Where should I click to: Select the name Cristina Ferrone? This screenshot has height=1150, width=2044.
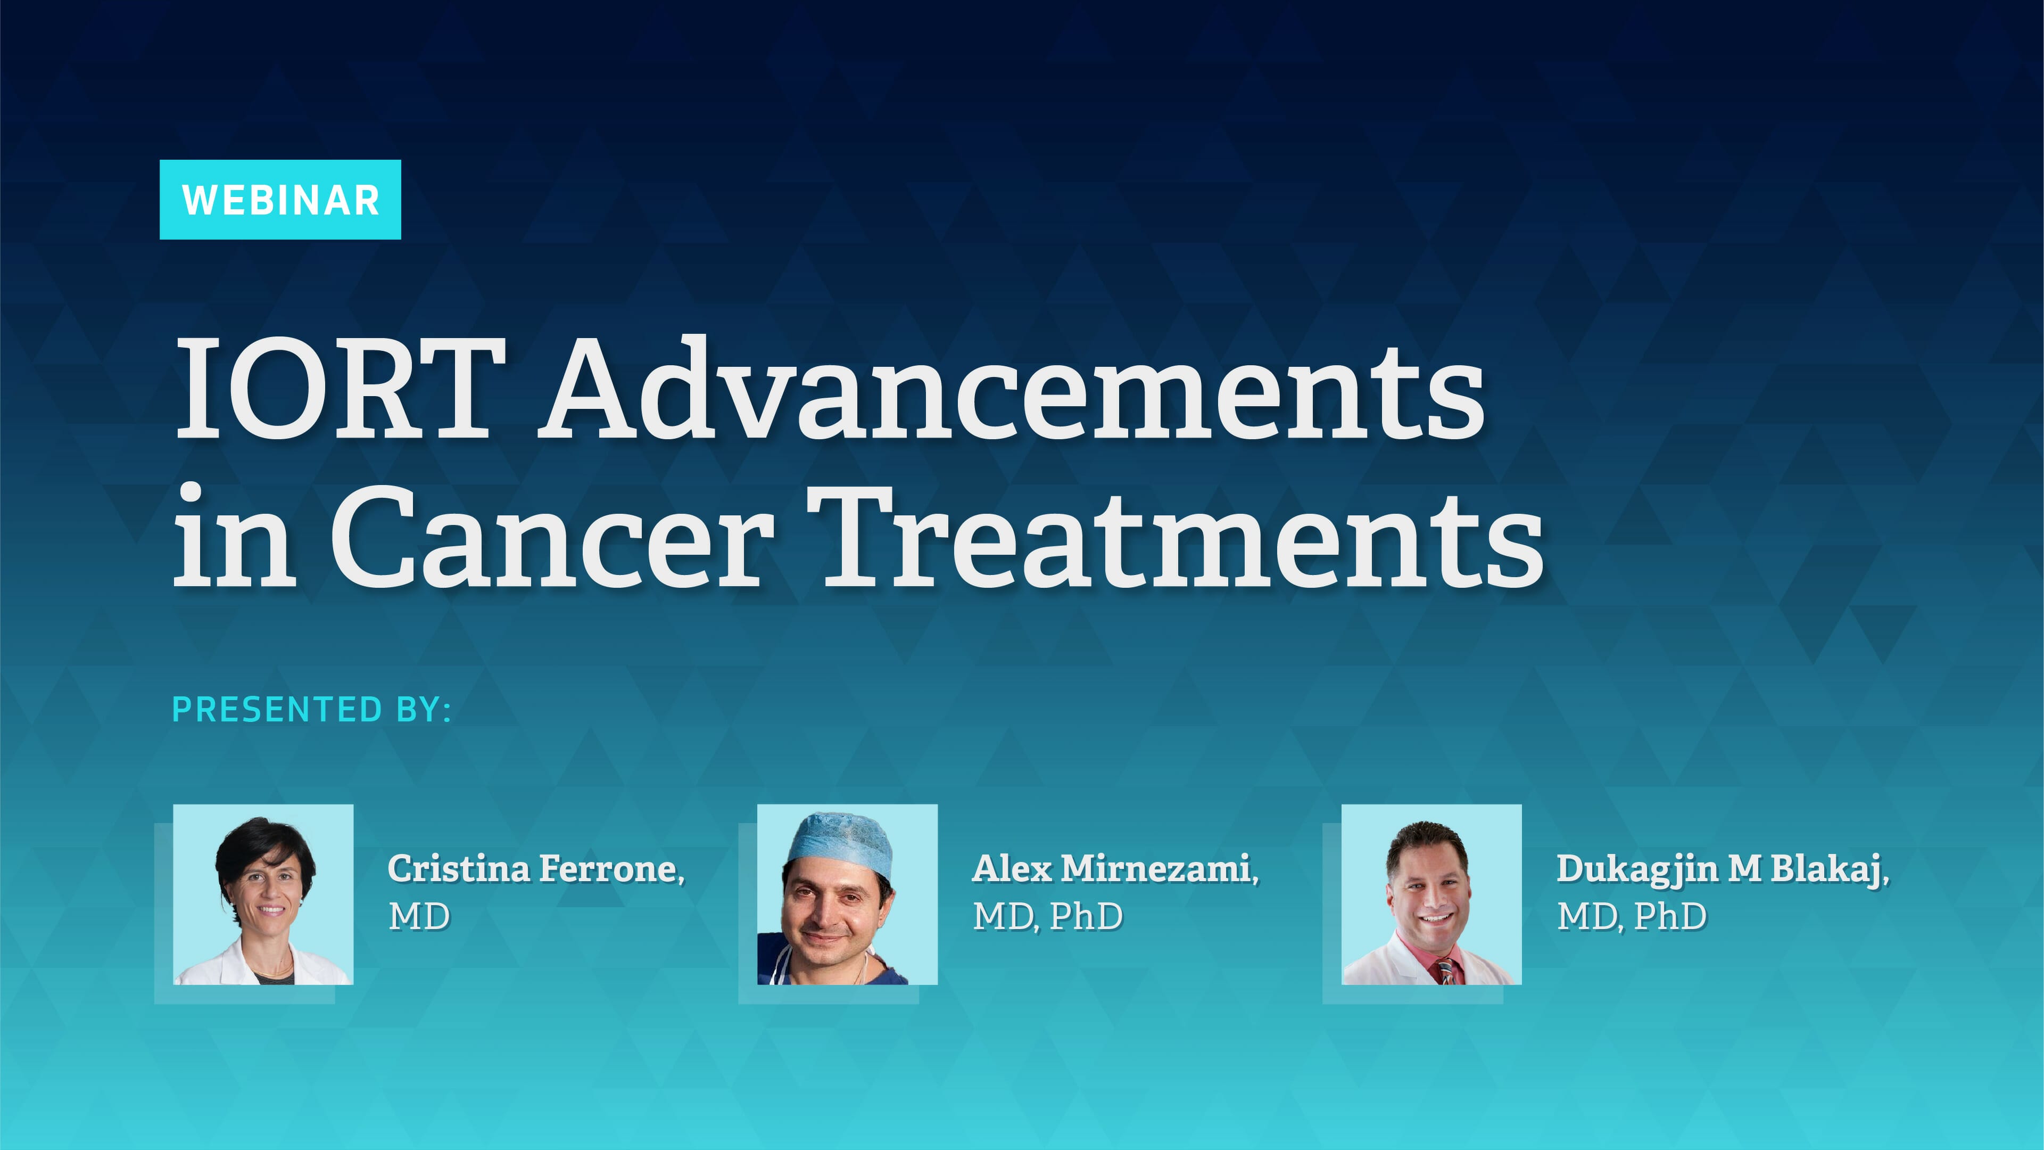[535, 868]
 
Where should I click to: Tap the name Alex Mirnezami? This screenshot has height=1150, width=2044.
[1115, 868]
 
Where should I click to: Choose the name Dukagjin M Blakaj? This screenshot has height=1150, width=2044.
[1722, 868]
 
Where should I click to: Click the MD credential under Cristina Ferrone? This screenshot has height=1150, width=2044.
[419, 917]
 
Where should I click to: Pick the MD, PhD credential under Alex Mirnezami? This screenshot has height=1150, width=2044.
[1047, 917]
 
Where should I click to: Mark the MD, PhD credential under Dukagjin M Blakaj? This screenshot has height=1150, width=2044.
[1632, 917]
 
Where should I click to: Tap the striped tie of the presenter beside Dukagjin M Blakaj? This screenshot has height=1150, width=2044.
[1446, 970]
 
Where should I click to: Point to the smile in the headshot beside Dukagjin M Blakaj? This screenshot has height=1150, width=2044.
[1434, 919]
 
